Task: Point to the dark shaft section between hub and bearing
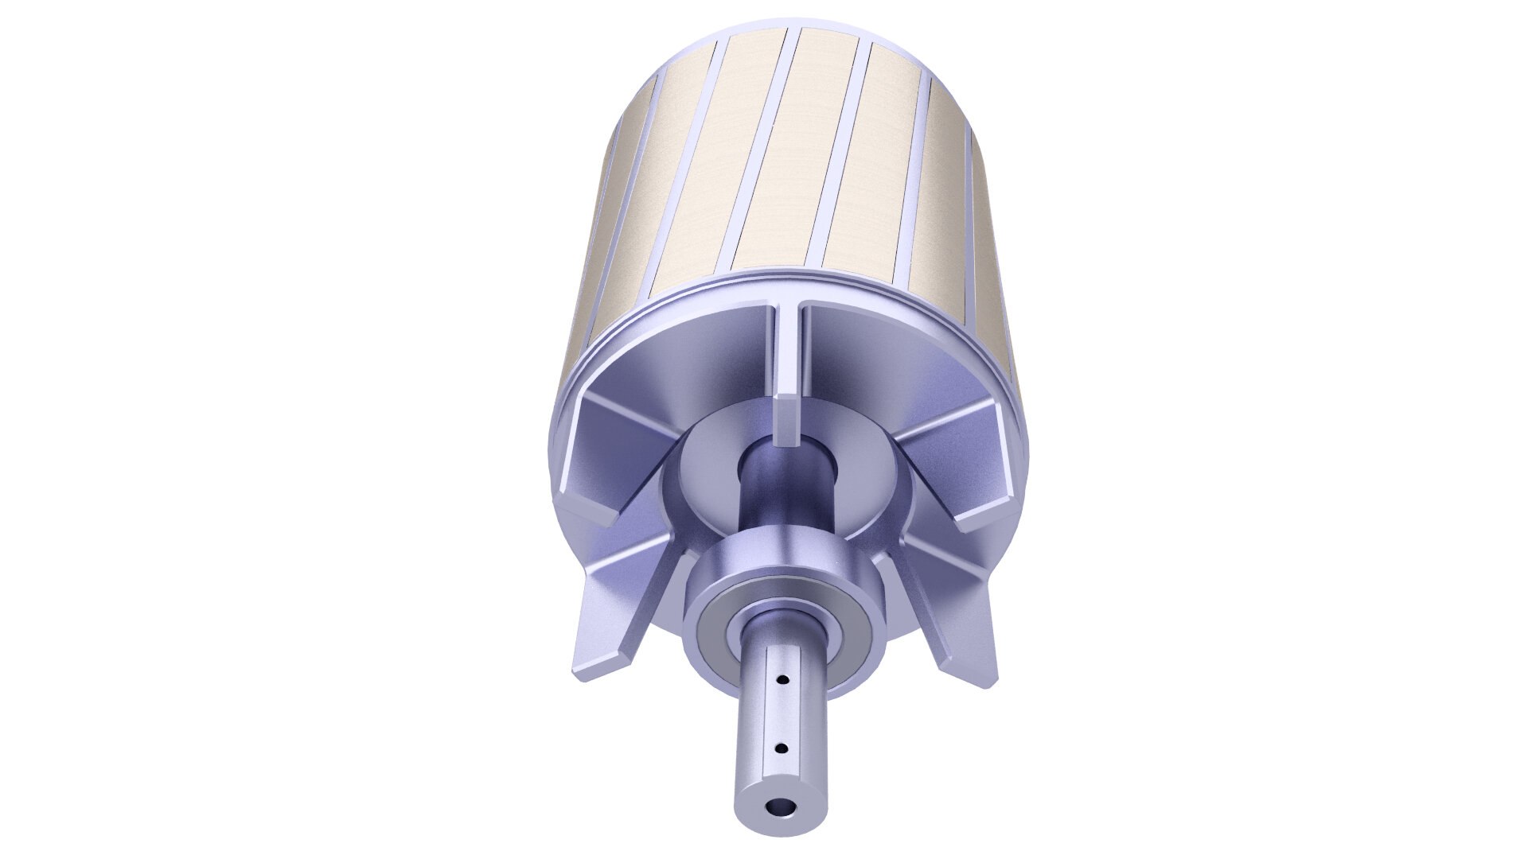coord(784,509)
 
